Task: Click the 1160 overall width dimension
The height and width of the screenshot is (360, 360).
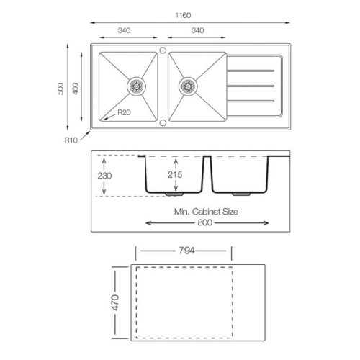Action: click(183, 15)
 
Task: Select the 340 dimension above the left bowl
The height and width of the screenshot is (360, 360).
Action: click(124, 30)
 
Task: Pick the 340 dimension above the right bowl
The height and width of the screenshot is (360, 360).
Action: click(197, 30)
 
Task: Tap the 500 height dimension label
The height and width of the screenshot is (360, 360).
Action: click(60, 89)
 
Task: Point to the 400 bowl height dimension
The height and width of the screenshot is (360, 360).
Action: click(76, 89)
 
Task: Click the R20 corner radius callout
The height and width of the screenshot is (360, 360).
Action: click(124, 112)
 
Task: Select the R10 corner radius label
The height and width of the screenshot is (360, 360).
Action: click(71, 140)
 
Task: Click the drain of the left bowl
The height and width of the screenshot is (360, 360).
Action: click(136, 86)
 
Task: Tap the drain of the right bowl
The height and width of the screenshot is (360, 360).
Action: click(188, 86)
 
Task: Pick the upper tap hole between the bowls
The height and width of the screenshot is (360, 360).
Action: click(163, 50)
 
